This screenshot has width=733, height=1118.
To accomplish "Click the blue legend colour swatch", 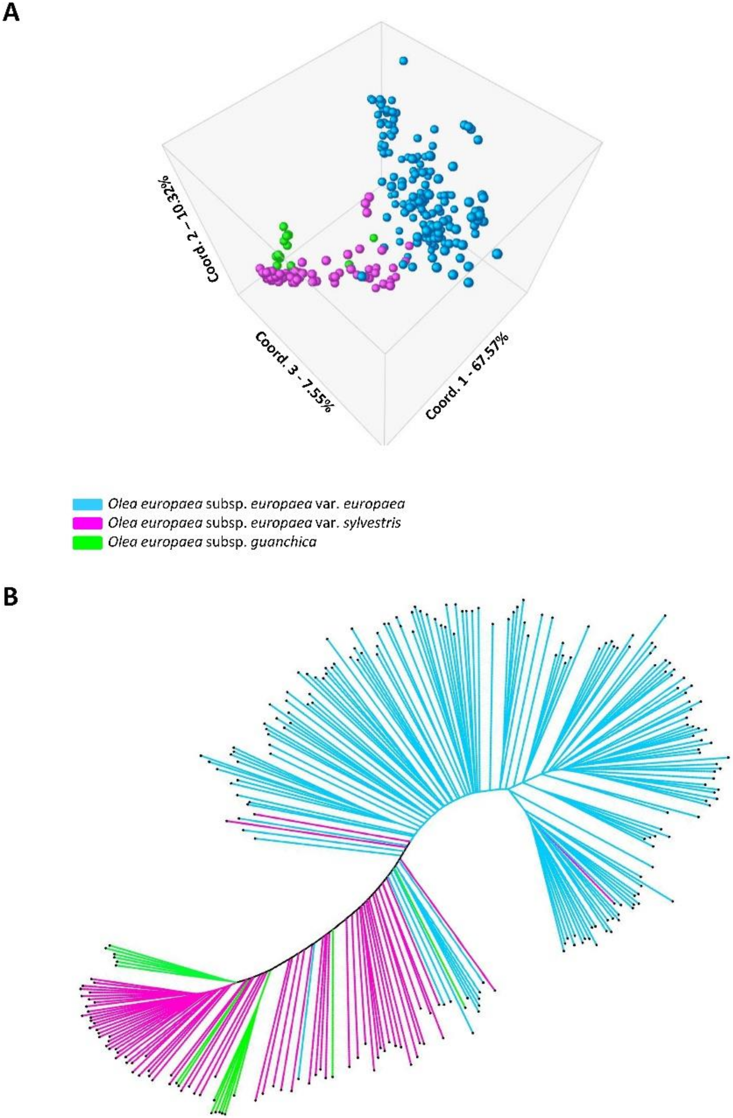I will (x=87, y=504).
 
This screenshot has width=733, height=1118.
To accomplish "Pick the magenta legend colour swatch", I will (x=87, y=523).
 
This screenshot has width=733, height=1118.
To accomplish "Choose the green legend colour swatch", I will (x=87, y=542).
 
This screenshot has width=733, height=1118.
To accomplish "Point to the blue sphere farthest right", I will (x=497, y=254).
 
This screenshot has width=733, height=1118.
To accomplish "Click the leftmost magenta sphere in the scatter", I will (x=259, y=269).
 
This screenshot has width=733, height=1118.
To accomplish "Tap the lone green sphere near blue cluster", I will (x=374, y=238).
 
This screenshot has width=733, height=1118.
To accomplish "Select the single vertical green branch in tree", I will (x=332, y=968).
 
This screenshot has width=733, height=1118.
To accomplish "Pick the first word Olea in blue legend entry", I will (x=118, y=504).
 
